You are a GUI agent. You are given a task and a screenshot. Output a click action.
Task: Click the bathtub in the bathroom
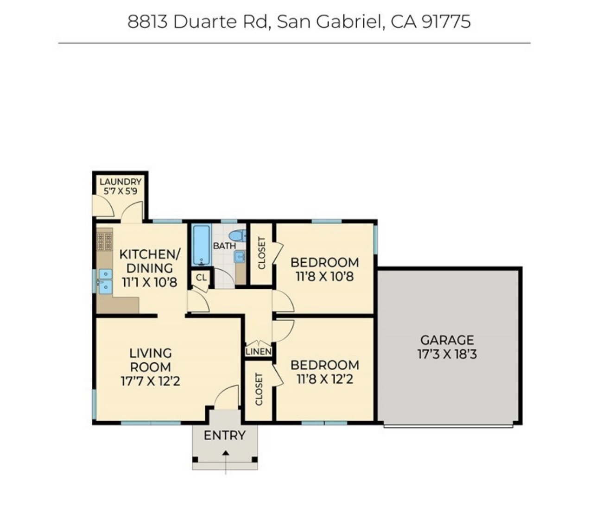[202, 245]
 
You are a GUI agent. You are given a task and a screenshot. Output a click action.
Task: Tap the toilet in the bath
[238, 236]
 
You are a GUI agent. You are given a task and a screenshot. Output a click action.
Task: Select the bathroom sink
[240, 257]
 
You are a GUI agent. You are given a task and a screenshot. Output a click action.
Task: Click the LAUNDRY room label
[120, 182]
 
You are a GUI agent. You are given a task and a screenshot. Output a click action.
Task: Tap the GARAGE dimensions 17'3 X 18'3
[447, 355]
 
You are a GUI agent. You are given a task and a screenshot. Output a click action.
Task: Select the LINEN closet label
[259, 352]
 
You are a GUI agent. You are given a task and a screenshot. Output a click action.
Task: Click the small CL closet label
[201, 278]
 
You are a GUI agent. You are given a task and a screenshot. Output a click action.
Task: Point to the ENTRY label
[225, 435]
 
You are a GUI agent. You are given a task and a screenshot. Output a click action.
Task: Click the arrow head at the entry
[226, 453]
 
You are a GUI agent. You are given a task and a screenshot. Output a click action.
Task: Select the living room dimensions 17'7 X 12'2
[150, 381]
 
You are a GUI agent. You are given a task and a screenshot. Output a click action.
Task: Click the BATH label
[224, 246]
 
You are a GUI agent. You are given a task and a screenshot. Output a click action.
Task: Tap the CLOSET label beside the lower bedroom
[259, 389]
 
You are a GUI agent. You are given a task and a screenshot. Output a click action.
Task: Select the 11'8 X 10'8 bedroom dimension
[325, 277]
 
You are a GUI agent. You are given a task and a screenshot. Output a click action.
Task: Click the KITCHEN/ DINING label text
[150, 261]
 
